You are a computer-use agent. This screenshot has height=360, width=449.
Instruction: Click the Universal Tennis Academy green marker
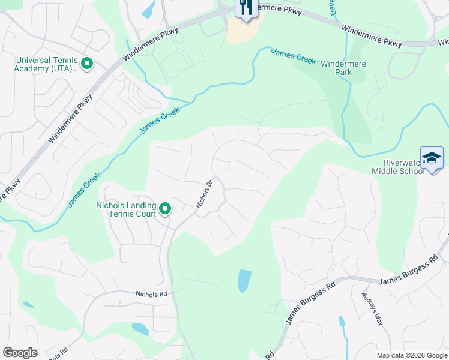[x=86, y=63]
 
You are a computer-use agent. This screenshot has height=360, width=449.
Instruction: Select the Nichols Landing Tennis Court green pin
[x=164, y=209]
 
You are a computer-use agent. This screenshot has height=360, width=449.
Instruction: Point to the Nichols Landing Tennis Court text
[x=127, y=209]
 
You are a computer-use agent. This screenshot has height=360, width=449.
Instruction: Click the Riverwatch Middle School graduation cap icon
[x=432, y=159]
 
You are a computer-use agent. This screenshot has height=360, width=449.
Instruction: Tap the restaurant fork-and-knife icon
[x=245, y=8]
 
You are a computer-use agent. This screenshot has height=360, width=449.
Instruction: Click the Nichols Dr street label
[x=205, y=194]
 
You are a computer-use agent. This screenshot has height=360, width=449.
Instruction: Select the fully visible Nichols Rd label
[x=151, y=295]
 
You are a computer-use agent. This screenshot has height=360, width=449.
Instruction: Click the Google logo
[x=20, y=353]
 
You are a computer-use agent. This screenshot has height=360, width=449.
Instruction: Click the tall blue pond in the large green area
[x=244, y=280]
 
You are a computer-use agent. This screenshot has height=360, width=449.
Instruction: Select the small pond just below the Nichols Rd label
[x=140, y=328]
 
